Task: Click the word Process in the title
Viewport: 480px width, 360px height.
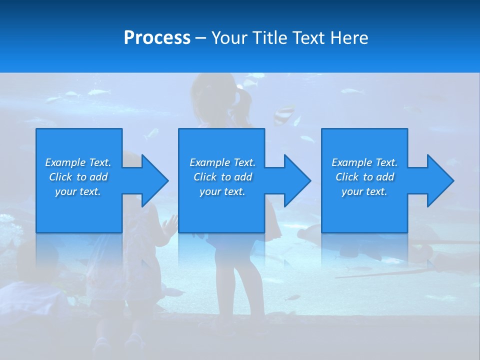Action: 157,38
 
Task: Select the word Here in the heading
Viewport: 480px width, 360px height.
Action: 349,38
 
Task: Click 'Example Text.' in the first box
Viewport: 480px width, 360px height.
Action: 78,162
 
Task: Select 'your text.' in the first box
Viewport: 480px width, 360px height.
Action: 78,191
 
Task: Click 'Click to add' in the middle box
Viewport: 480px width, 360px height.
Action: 222,177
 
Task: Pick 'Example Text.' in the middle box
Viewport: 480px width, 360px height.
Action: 222,162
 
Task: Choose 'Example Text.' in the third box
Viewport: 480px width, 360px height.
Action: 364,162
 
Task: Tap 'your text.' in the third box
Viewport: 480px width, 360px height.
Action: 364,191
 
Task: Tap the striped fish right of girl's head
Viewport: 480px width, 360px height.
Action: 284,114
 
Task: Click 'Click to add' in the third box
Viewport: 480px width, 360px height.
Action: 364,177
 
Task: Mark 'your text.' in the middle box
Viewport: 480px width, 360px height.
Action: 222,191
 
